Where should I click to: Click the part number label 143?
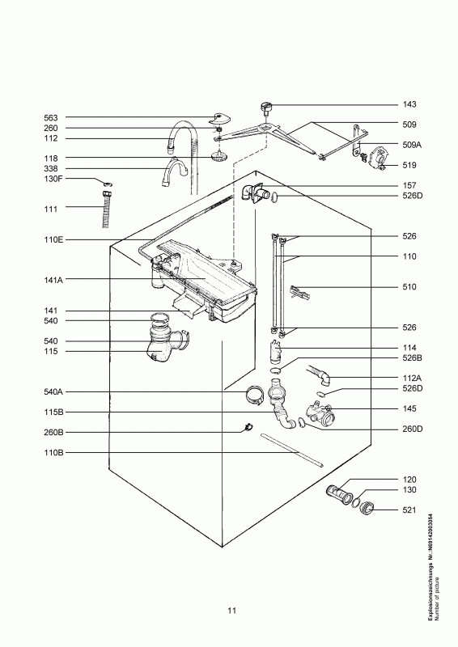409,104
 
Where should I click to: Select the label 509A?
412,145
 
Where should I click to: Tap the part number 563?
51,118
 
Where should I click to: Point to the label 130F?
53,179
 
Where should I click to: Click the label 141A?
53,280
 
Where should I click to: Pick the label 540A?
53,391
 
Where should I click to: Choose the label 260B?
53,433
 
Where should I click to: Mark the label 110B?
53,453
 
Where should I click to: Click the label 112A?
412,378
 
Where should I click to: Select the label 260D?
413,429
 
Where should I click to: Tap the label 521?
409,510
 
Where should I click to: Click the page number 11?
231,611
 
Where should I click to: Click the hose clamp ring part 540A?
255,395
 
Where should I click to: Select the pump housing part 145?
322,416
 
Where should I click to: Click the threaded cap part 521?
366,507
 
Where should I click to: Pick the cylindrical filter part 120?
340,493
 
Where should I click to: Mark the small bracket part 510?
300,293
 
